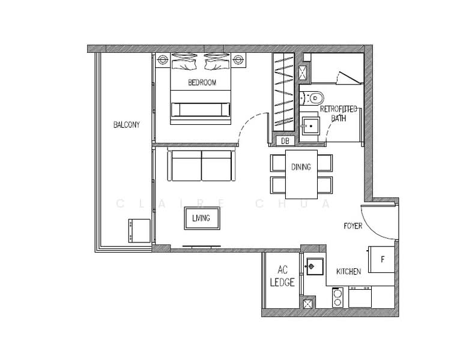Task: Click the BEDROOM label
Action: tap(202, 82)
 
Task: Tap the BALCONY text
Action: tap(127, 125)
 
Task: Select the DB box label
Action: tap(285, 141)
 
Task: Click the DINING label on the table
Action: tap(301, 167)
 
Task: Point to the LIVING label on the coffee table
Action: tap(201, 218)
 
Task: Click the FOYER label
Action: tap(353, 226)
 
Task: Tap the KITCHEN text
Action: tap(348, 271)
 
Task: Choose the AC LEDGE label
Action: tap(282, 276)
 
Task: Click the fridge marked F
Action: tap(381, 260)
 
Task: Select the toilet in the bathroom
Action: tap(312, 98)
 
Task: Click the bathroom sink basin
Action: tap(310, 126)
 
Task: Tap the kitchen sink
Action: tap(315, 266)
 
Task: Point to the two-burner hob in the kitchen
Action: tap(337, 297)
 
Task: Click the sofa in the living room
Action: tap(202, 166)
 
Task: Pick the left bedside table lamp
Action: tap(163, 60)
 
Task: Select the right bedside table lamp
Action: tap(238, 60)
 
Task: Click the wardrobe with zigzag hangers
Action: tap(283, 92)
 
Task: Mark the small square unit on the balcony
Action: tap(139, 231)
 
